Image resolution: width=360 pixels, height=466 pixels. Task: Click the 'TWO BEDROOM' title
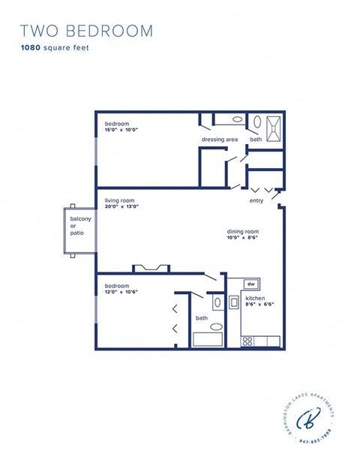pyautogui.click(x=86, y=31)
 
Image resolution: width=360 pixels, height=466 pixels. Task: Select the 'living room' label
pyautogui.click(x=120, y=201)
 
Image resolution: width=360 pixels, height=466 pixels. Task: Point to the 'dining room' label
pyautogui.click(x=241, y=231)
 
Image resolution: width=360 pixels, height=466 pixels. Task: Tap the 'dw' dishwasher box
pyautogui.click(x=252, y=284)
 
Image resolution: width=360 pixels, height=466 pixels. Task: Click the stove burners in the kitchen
pyautogui.click(x=247, y=341)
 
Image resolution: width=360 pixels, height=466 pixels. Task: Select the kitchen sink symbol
pyautogui.click(x=233, y=302)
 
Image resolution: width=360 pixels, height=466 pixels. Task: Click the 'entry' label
pyautogui.click(x=256, y=201)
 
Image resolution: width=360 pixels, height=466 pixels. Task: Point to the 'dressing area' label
pyautogui.click(x=219, y=140)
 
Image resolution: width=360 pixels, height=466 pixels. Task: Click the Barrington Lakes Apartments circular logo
pyautogui.click(x=309, y=421)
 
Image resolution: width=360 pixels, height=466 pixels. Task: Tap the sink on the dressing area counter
pyautogui.click(x=236, y=119)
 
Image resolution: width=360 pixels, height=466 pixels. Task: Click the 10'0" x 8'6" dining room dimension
pyautogui.click(x=242, y=238)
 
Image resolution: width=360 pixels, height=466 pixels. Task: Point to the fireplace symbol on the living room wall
pyautogui.click(x=151, y=268)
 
